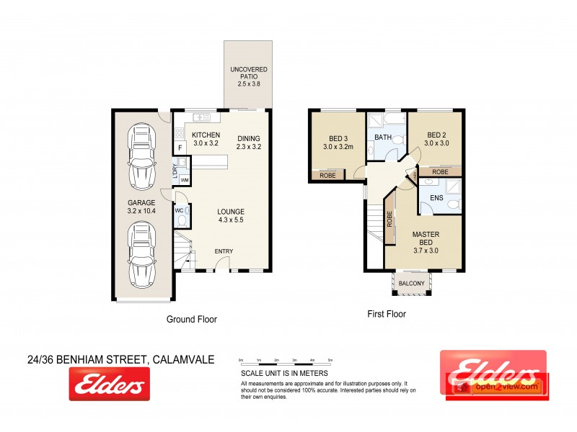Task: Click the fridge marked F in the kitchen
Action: click(x=179, y=148)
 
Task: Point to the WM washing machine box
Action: click(x=184, y=179)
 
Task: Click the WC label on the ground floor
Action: click(x=179, y=211)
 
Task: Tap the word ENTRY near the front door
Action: click(x=224, y=251)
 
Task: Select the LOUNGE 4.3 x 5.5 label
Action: click(x=232, y=215)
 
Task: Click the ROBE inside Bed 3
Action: click(x=327, y=175)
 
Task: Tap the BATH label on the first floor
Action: click(x=382, y=136)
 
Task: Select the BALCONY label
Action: click(x=412, y=284)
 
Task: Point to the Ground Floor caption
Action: click(x=191, y=319)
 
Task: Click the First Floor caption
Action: click(x=386, y=314)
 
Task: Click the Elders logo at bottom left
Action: click(x=109, y=384)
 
